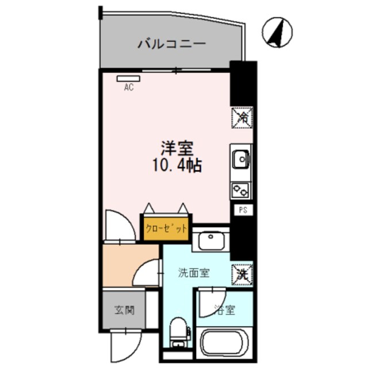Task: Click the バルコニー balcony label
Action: pyautogui.click(x=171, y=44)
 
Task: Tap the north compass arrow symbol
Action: pyautogui.click(x=275, y=32)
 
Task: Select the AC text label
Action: pyautogui.click(x=129, y=87)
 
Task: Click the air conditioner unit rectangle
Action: pyautogui.click(x=128, y=78)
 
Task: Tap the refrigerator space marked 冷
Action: pyautogui.click(x=242, y=118)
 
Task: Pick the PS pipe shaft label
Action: pyautogui.click(x=242, y=210)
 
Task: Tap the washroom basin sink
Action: pyautogui.click(x=210, y=240)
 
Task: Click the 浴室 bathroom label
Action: pyautogui.click(x=226, y=310)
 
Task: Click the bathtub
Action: pyautogui.click(x=225, y=343)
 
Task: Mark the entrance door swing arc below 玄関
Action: pyautogui.click(x=122, y=343)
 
